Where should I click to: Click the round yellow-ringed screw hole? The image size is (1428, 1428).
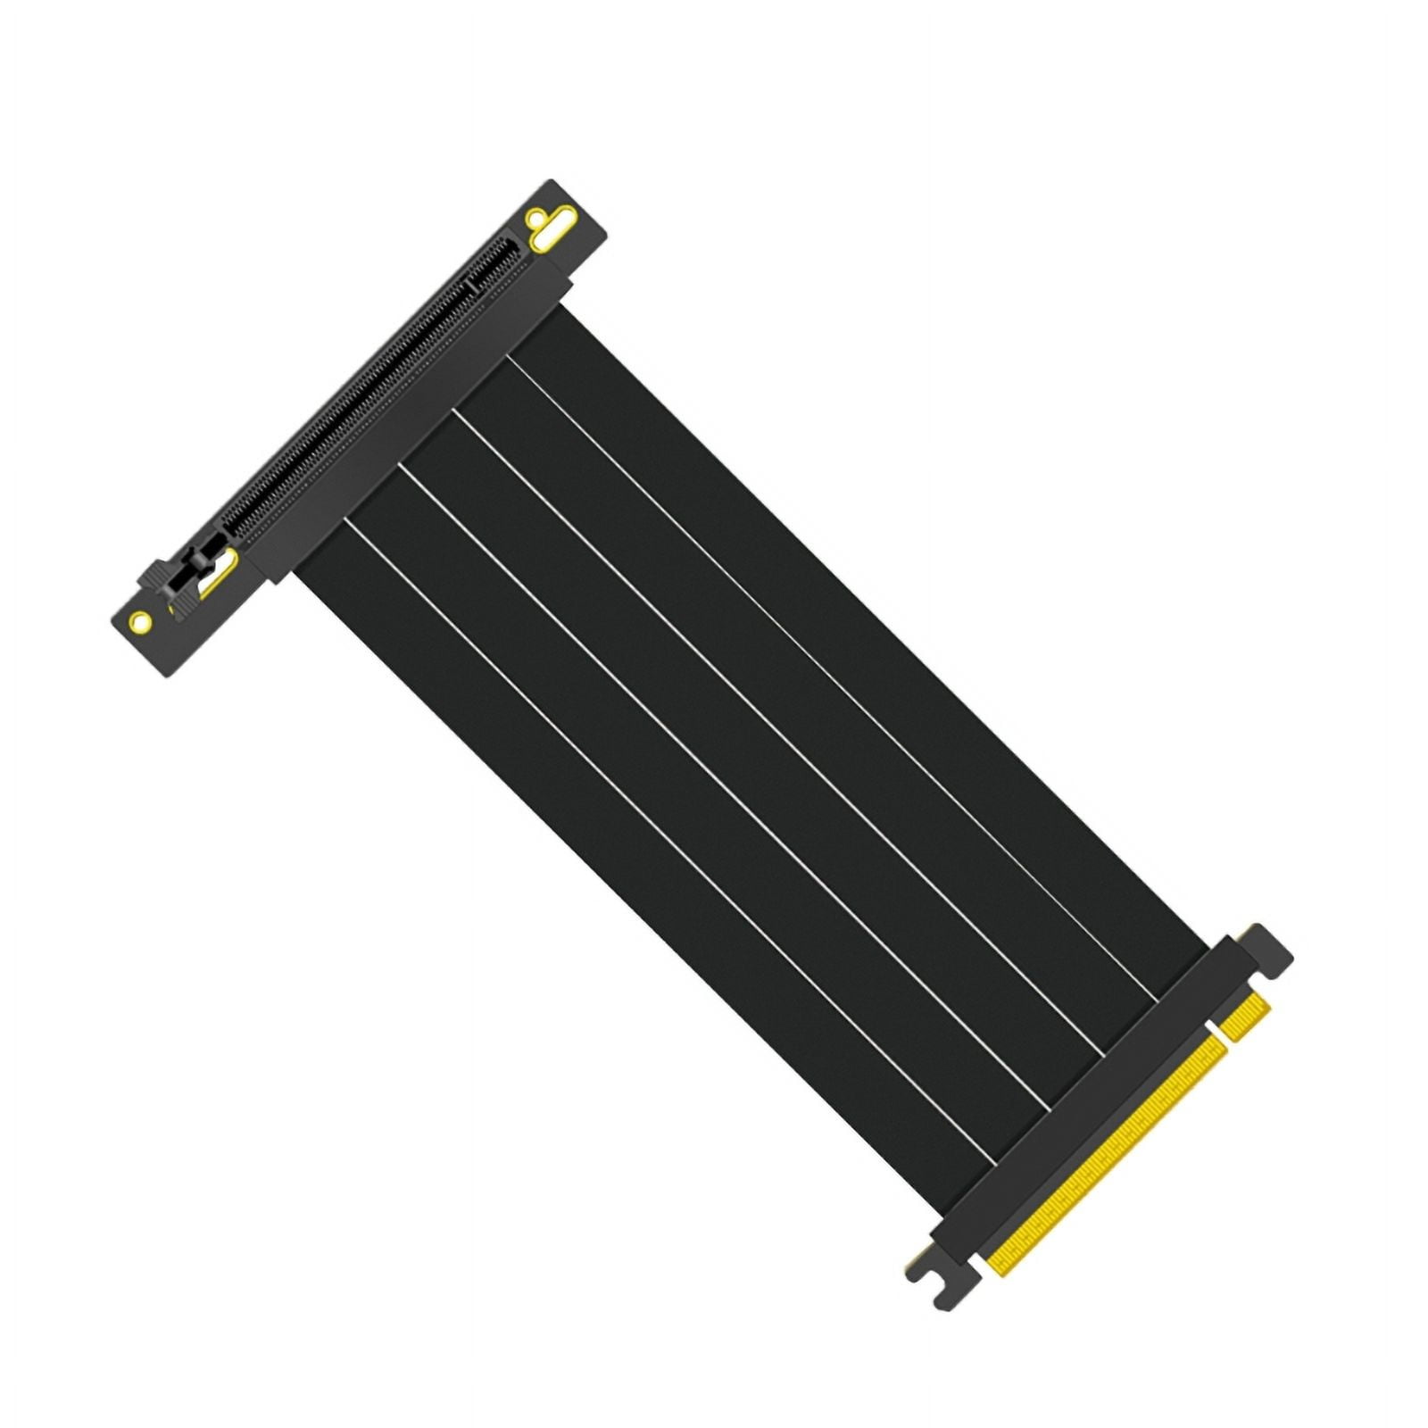[140, 620]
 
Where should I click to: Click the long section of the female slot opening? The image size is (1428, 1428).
[357, 402]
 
